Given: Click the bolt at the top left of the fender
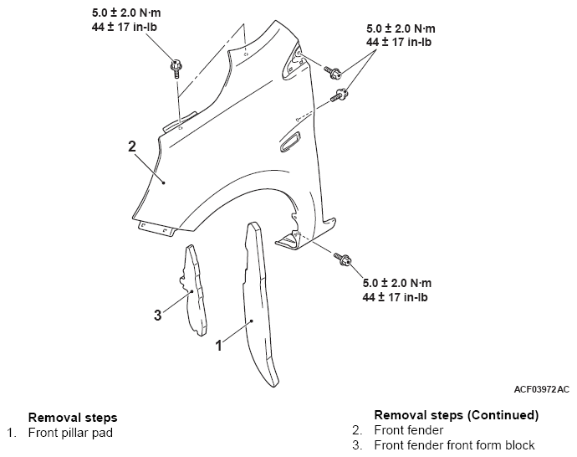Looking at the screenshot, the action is [x=176, y=69].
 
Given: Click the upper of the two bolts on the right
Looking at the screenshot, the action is [x=333, y=72].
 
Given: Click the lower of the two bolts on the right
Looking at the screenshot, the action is [x=340, y=95].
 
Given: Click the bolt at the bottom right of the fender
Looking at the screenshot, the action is [x=343, y=259].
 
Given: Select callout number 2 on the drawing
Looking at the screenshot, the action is [x=132, y=146].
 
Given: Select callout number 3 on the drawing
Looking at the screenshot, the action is [x=157, y=315].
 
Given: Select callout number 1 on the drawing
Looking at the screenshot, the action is [x=218, y=346].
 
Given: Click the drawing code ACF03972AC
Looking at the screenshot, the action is [x=541, y=389].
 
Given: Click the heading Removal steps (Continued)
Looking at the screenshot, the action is [x=457, y=415].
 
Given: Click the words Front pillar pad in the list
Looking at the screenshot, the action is [x=70, y=433].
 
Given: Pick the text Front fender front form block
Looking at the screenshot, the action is [x=454, y=444].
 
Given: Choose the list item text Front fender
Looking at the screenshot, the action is [x=408, y=429].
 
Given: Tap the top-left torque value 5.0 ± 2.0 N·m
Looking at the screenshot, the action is [x=126, y=13].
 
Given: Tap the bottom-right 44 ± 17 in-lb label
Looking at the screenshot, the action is [x=395, y=297].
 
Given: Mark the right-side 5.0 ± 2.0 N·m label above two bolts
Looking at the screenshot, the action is [x=401, y=28].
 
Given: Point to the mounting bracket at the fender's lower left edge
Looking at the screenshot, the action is [x=157, y=228].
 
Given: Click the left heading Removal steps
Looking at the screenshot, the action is [x=73, y=417].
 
